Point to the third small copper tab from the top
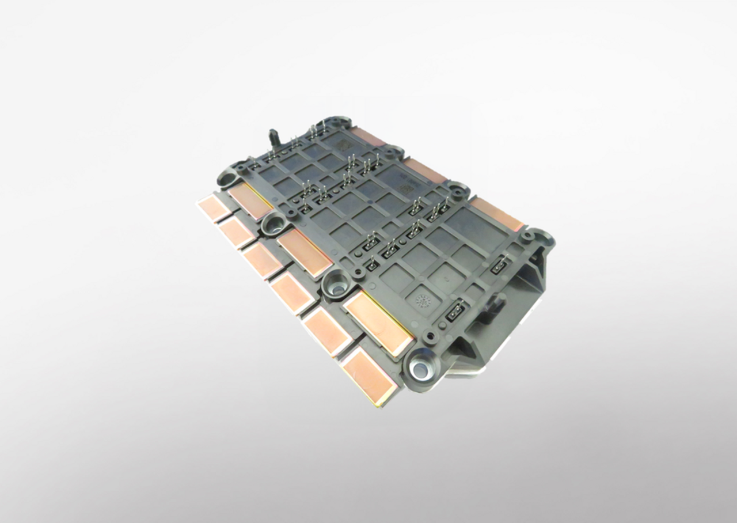click(263, 260)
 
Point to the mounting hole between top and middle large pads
click(275, 223)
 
